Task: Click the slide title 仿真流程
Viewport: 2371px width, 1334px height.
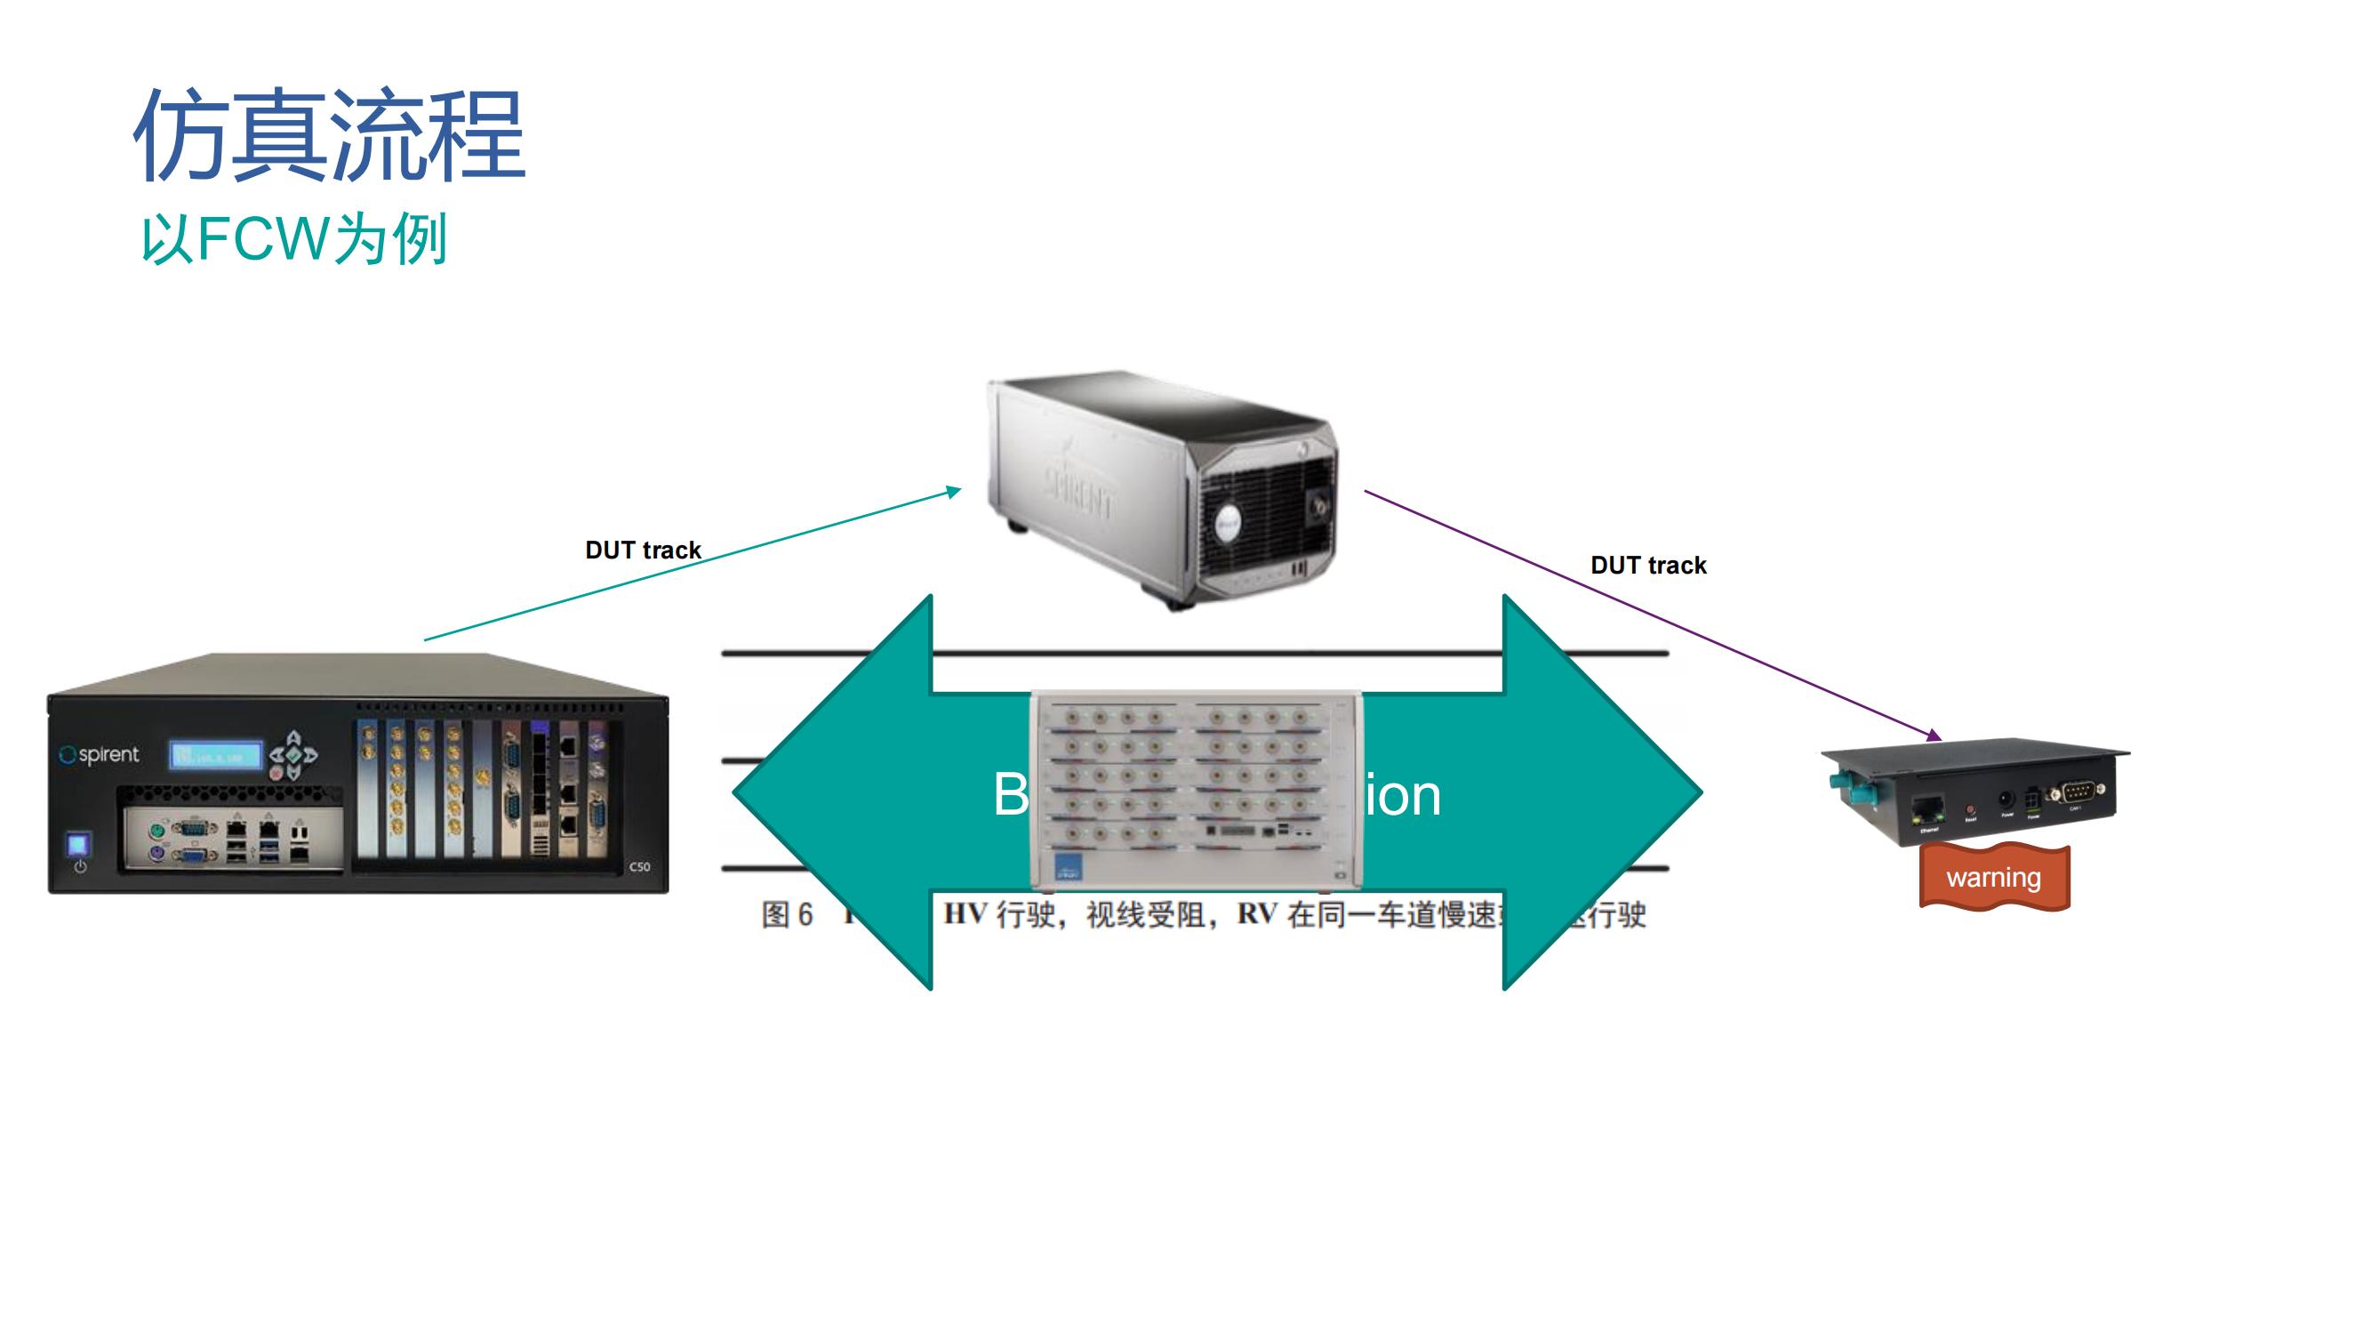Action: pyautogui.click(x=329, y=136)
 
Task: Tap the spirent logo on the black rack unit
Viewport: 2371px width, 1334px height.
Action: pyautogui.click(x=100, y=755)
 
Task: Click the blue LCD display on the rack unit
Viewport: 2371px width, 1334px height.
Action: pyautogui.click(x=215, y=756)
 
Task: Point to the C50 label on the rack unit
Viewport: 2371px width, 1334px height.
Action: pyautogui.click(x=640, y=866)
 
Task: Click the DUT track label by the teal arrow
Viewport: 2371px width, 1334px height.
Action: pyautogui.click(x=643, y=550)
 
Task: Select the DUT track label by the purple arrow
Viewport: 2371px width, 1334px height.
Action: pyautogui.click(x=1647, y=566)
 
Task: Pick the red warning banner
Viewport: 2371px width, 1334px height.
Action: pyautogui.click(x=1994, y=878)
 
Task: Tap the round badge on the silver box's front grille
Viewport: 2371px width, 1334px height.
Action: pyautogui.click(x=1227, y=524)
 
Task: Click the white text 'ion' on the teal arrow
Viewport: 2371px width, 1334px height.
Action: pyautogui.click(x=1403, y=795)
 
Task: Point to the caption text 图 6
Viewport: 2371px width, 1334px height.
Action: pyautogui.click(x=787, y=915)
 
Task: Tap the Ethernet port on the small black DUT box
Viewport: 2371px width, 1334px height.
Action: pyautogui.click(x=1926, y=809)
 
